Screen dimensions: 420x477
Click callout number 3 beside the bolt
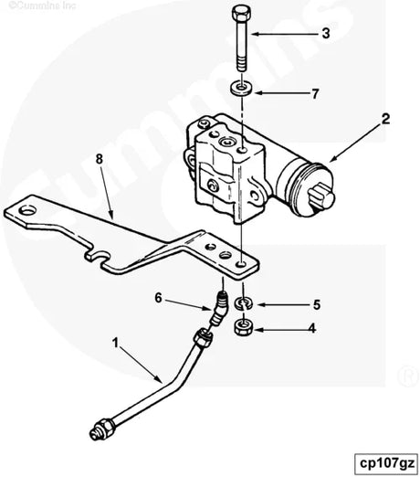click(x=324, y=36)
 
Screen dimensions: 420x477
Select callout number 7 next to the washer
click(x=314, y=93)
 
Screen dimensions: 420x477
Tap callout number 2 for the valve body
click(x=385, y=119)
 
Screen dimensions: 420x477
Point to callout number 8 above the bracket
click(x=100, y=159)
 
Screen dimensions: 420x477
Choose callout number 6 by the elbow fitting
click(x=157, y=298)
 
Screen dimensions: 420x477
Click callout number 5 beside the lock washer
click(x=317, y=304)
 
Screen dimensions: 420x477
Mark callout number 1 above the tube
click(x=116, y=344)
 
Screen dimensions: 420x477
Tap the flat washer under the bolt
click(x=241, y=90)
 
